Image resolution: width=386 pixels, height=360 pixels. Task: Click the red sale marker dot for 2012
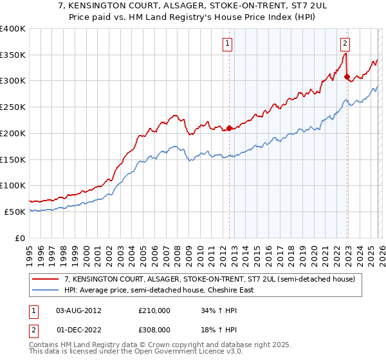(x=229, y=129)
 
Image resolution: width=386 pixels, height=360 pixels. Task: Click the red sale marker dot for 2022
(x=347, y=77)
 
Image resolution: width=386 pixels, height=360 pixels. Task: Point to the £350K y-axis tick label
(x=13, y=55)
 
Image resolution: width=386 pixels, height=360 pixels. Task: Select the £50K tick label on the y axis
(x=15, y=212)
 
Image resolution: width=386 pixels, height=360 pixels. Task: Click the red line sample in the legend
(x=46, y=279)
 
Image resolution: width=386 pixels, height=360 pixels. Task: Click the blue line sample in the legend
(x=46, y=290)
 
